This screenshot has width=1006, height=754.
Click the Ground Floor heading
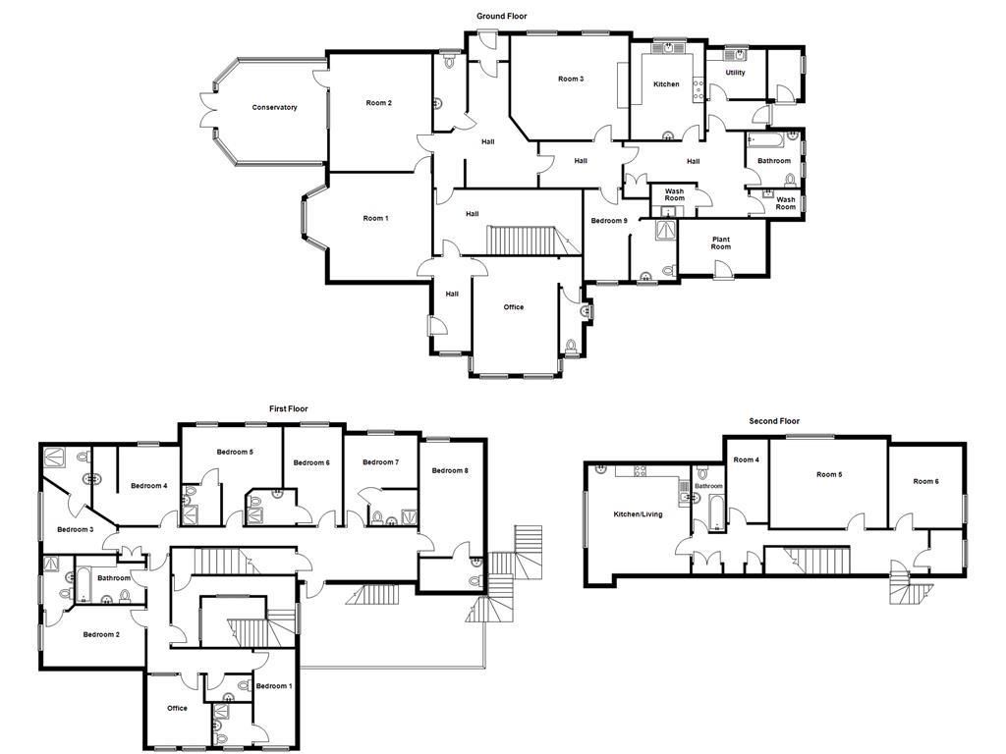click(502, 16)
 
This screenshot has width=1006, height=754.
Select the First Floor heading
click(289, 408)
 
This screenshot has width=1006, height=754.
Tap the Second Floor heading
click(775, 421)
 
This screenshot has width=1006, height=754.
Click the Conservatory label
click(274, 107)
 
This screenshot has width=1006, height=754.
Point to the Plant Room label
click(721, 242)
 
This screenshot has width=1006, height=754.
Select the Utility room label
click(735, 73)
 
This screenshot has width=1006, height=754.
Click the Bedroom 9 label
click(608, 221)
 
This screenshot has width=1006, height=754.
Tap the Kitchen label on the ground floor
click(666, 84)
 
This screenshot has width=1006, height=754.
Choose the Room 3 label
click(571, 80)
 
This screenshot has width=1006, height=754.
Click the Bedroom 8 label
click(450, 470)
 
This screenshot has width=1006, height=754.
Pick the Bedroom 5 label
click(235, 452)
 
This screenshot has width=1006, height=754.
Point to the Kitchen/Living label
click(638, 514)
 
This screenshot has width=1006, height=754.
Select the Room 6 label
click(925, 481)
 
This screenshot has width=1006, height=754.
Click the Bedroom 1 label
click(273, 685)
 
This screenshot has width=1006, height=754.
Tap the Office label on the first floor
click(177, 708)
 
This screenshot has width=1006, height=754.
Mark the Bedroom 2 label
click(101, 634)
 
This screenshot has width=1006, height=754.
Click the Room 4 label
click(746, 459)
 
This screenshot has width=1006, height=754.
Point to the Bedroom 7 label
click(380, 462)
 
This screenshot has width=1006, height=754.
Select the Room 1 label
click(375, 218)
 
